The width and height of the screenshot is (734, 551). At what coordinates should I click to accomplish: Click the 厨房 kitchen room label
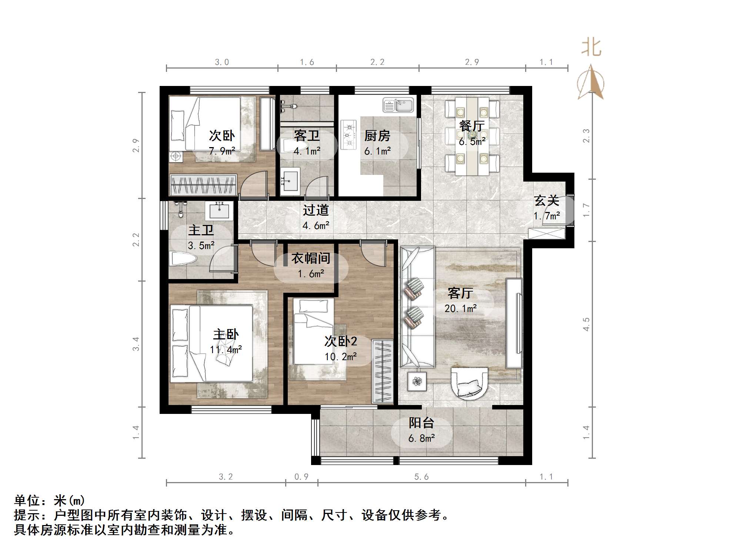point(377,136)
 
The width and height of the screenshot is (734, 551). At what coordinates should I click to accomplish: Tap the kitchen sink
point(398,105)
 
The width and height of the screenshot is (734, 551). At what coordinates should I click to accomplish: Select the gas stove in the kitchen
point(348,135)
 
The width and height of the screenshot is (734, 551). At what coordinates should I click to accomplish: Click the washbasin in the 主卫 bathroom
point(219,211)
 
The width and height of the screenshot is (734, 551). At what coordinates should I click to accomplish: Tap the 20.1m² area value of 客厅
point(460,308)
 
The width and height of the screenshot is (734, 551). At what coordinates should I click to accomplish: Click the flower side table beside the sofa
point(418,381)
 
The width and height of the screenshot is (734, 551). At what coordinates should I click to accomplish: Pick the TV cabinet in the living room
point(514,323)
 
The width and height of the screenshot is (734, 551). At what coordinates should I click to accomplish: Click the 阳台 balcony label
point(421,423)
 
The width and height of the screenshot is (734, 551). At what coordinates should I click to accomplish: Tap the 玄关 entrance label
point(546,201)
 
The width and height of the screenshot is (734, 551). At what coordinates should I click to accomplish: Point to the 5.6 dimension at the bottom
point(421,477)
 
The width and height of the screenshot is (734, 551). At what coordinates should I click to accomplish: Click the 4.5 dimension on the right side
point(586,324)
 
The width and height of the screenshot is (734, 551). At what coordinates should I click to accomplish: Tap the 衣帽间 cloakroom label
point(310,258)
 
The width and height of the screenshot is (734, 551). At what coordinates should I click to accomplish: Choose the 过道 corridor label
point(316,210)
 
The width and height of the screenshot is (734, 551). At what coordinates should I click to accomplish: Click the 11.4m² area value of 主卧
point(226,349)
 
